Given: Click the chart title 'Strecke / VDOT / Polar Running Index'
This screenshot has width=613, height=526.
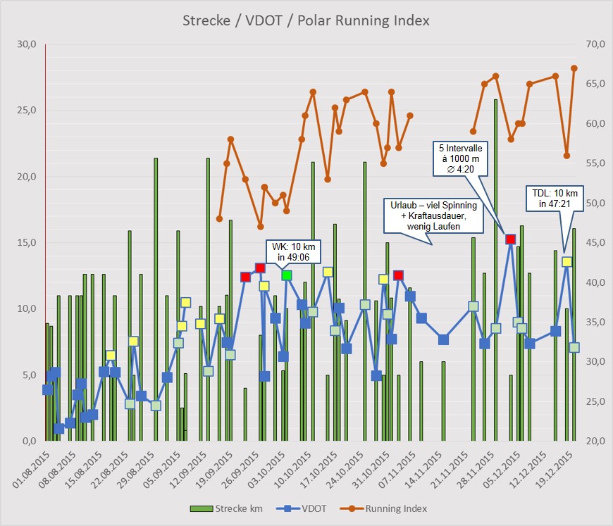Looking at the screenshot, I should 306,20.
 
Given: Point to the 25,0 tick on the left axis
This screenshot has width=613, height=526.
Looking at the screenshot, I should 26,111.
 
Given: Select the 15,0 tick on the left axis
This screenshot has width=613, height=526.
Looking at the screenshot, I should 26,243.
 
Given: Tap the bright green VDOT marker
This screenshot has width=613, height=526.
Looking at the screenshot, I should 287,275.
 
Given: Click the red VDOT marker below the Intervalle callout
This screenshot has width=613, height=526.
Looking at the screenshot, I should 511,239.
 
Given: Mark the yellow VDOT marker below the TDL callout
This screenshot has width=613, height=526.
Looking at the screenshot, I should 566,262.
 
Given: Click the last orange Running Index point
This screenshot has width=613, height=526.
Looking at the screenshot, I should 574,68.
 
